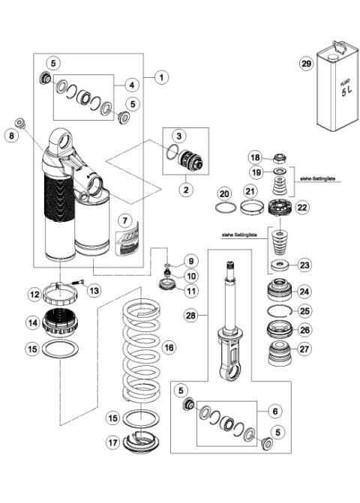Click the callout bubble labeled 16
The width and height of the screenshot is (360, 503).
click(169, 347)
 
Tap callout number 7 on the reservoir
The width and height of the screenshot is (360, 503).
click(125, 221)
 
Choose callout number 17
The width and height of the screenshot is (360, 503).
click(113, 443)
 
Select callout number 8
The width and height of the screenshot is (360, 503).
click(10, 136)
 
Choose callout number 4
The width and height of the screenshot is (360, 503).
click(130, 84)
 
